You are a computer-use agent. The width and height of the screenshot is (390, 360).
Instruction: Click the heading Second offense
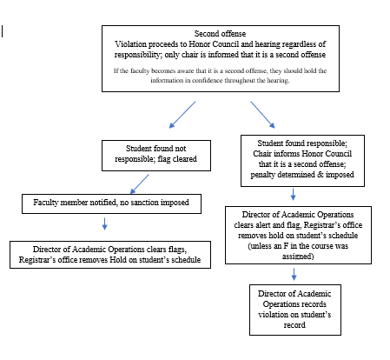tap(220, 34)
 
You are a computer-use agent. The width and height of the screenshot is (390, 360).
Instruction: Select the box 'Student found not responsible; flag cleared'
tap(156, 156)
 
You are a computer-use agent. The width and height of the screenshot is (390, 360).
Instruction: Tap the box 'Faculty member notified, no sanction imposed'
tap(111, 203)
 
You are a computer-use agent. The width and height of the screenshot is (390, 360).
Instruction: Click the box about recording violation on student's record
tap(295, 310)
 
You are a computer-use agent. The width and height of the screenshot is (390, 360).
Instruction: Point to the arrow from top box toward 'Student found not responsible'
tap(182, 115)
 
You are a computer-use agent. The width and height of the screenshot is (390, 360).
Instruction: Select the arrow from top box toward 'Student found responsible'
tap(262, 115)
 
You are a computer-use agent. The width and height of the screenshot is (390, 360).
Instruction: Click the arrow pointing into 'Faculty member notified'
tap(140, 184)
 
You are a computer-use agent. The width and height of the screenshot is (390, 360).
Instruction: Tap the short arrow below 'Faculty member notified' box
tap(105, 223)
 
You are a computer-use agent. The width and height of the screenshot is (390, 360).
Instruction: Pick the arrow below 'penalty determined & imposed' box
tap(293, 194)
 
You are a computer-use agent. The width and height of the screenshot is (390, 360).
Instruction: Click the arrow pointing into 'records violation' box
tap(294, 274)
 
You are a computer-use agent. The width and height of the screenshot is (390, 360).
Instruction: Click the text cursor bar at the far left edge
tap(3, 31)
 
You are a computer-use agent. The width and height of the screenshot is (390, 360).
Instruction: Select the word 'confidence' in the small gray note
tap(208, 80)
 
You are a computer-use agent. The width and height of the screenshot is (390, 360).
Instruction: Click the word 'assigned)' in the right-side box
tap(298, 257)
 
